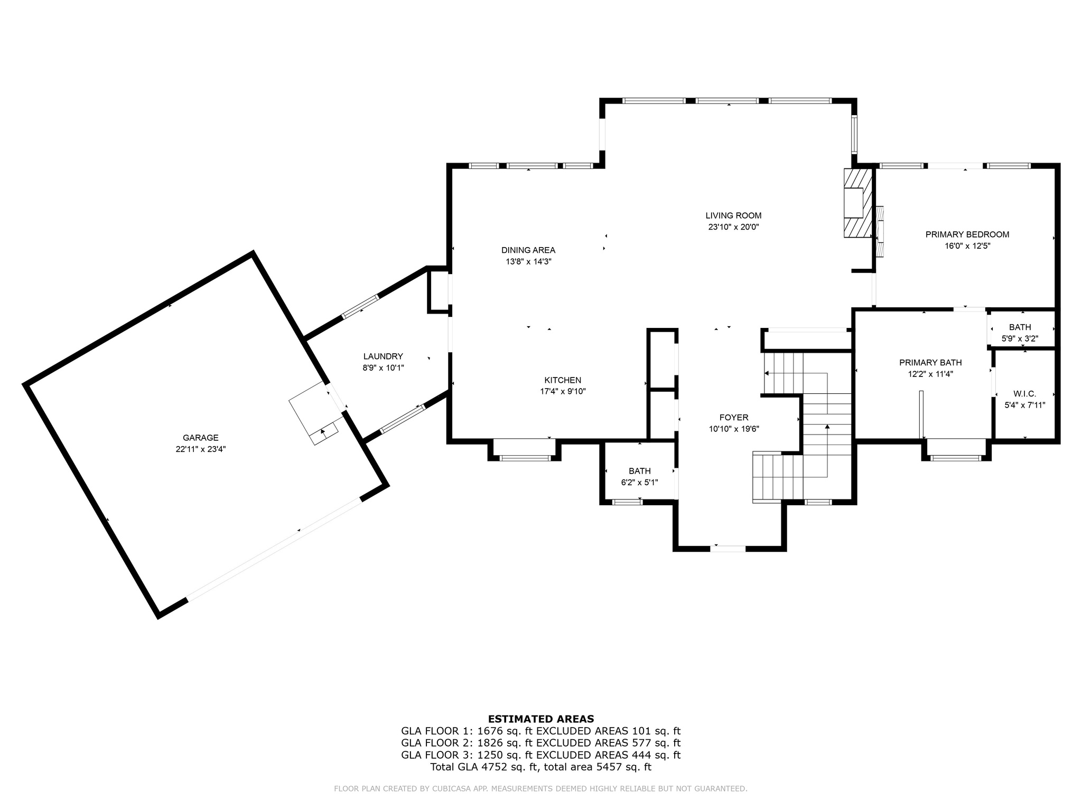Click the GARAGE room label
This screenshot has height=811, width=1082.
point(200,438)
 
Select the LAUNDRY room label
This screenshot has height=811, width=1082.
point(383,356)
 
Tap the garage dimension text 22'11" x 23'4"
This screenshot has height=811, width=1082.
point(200,449)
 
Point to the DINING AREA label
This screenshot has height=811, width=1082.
point(528,250)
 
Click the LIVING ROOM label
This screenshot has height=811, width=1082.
point(733,215)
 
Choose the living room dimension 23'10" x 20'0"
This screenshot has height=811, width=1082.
point(733,227)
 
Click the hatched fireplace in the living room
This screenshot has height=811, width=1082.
point(857,203)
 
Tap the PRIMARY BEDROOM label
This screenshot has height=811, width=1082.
point(967,234)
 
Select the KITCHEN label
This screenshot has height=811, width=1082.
point(563,380)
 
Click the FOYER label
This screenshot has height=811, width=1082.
point(733,418)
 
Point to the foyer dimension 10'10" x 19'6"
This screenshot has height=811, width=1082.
point(733,429)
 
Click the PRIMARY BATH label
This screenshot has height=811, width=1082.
point(930,363)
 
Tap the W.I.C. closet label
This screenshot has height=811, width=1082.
point(1024,394)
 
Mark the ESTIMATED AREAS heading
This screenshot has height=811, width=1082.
point(540,719)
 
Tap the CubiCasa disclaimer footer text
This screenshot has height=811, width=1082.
point(540,789)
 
